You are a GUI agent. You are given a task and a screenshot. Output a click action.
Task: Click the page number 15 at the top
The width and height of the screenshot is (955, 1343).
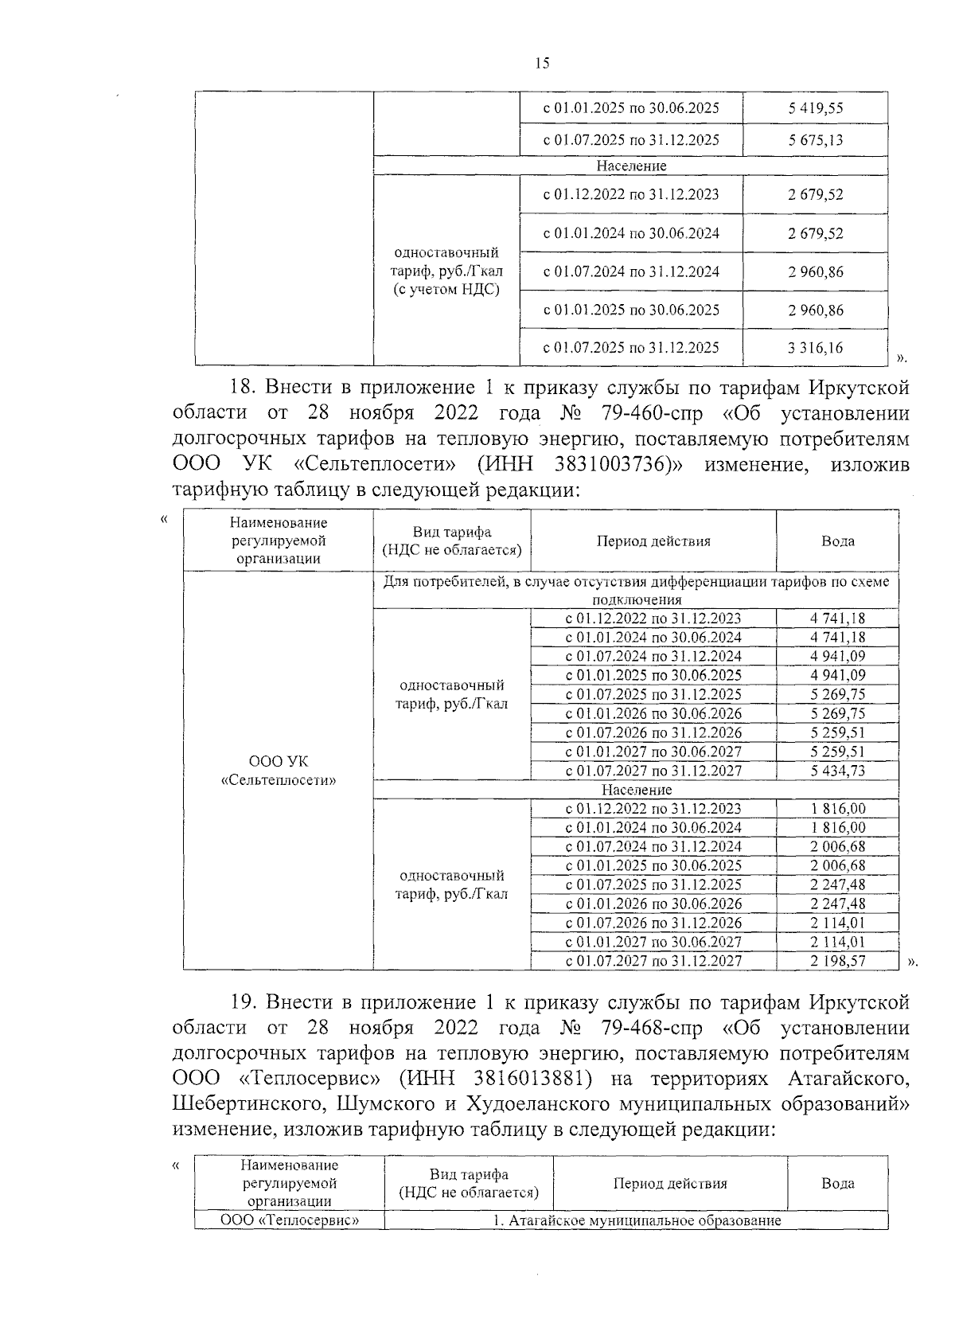[x=542, y=64]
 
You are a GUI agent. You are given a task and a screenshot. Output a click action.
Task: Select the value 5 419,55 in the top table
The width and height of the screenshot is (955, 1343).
[x=816, y=108]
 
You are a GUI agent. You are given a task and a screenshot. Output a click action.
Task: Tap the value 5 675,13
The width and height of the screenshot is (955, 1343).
[x=816, y=140]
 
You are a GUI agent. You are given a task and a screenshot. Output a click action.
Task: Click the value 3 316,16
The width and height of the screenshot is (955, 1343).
[x=816, y=348]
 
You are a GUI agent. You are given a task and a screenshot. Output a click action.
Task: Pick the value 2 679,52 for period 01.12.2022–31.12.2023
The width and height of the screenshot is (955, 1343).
[x=816, y=195]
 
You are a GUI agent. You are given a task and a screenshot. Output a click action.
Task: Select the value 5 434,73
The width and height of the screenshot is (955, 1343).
[x=838, y=771]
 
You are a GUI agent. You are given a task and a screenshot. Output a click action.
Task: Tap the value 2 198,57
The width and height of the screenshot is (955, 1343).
[x=838, y=961]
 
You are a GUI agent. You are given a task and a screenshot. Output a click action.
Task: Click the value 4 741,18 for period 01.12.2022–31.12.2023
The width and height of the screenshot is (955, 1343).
[x=838, y=619]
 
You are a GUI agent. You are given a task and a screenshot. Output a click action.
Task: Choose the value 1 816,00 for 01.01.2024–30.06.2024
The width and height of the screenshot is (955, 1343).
[x=838, y=828]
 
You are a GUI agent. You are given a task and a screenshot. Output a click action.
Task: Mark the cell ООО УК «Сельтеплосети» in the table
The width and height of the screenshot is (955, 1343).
[x=278, y=771]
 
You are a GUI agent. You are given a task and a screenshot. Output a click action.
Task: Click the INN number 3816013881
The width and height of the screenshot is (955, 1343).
[x=510, y=1078]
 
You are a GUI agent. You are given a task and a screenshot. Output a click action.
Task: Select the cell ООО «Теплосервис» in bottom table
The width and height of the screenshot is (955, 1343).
[x=289, y=1220]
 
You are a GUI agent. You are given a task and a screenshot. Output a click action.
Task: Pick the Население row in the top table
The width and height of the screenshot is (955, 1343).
[x=631, y=166]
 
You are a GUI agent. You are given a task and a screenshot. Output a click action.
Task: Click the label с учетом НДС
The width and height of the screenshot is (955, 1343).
[x=446, y=290]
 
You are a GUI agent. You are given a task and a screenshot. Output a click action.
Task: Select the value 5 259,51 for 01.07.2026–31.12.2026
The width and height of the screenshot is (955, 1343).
[x=838, y=732]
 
